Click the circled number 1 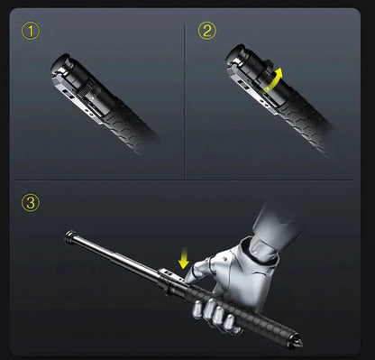tap(33, 32)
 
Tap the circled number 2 tap(207, 32)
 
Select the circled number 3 tap(33, 202)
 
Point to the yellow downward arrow tap(185, 261)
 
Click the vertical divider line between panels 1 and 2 tap(185, 99)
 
